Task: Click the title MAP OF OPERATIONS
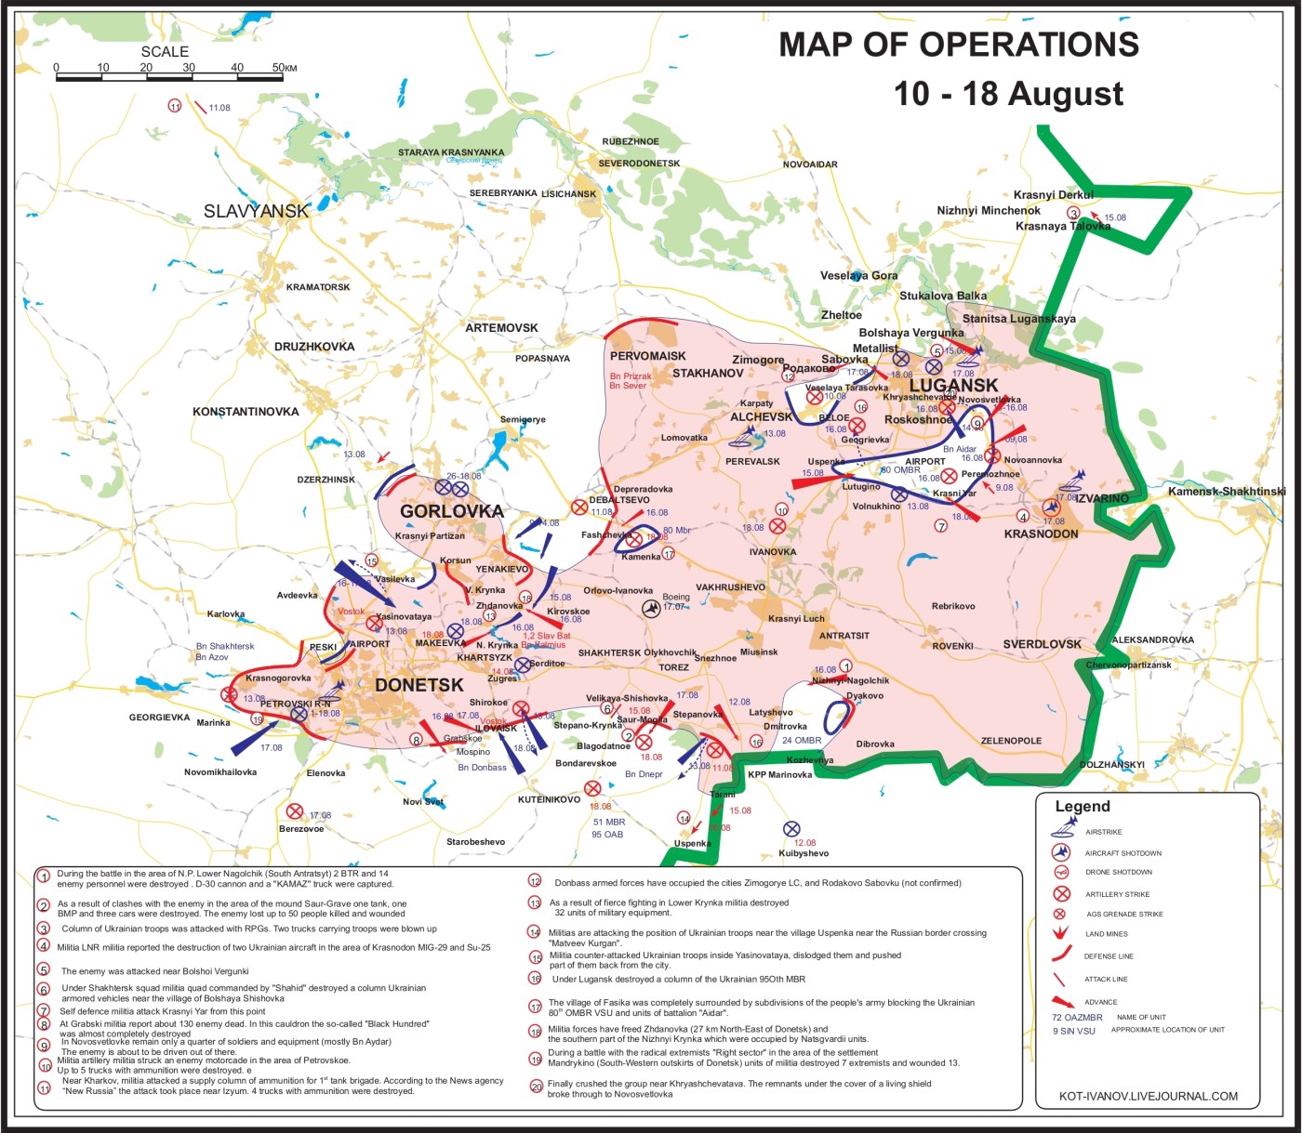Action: pos(958,45)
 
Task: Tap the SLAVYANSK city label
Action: pos(256,211)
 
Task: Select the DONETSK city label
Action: pos(418,685)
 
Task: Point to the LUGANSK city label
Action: pos(953,386)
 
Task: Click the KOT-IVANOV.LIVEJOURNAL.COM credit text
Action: pos(1149,1096)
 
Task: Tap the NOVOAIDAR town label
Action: pos(810,165)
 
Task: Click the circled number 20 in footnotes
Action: pos(536,1087)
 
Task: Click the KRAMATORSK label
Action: pos(318,287)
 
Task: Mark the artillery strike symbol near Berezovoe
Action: pos(295,811)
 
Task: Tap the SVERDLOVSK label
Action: pos(1042,644)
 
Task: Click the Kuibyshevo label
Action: pos(804,853)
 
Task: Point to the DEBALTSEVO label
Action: pos(619,500)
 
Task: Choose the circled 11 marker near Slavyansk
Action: pos(174,106)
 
